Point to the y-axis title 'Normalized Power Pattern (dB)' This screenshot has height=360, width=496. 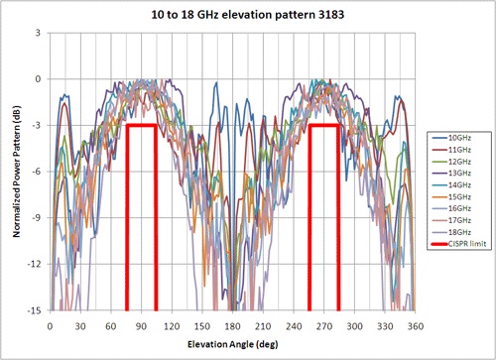pyautogui.click(x=12, y=171)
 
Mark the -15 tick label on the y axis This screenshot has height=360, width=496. pyautogui.click(x=33, y=310)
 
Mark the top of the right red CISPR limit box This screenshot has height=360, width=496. pyautogui.click(x=324, y=125)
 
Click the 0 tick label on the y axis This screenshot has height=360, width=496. pyautogui.click(x=37, y=78)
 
